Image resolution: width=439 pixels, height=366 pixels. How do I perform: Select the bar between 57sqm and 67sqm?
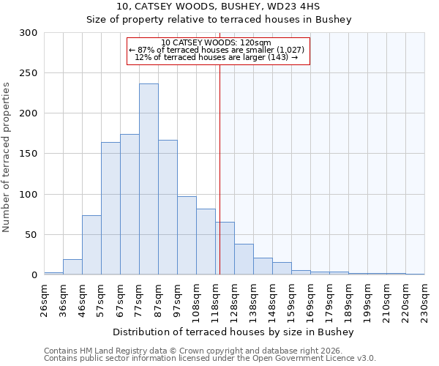(x=110, y=209)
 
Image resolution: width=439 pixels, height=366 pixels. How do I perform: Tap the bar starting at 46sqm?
(x=91, y=245)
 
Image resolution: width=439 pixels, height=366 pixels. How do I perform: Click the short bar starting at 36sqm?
(x=72, y=267)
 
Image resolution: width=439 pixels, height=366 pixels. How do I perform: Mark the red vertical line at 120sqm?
(x=219, y=168)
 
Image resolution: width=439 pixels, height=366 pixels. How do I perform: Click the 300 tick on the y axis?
(x=29, y=33)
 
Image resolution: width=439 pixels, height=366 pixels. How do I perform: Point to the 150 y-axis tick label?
(x=29, y=154)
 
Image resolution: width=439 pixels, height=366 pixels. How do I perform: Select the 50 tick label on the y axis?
(x=31, y=235)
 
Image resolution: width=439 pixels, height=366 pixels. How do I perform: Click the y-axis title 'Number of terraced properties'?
(x=7, y=157)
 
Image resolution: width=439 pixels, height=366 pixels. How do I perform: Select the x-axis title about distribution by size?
(x=234, y=332)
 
